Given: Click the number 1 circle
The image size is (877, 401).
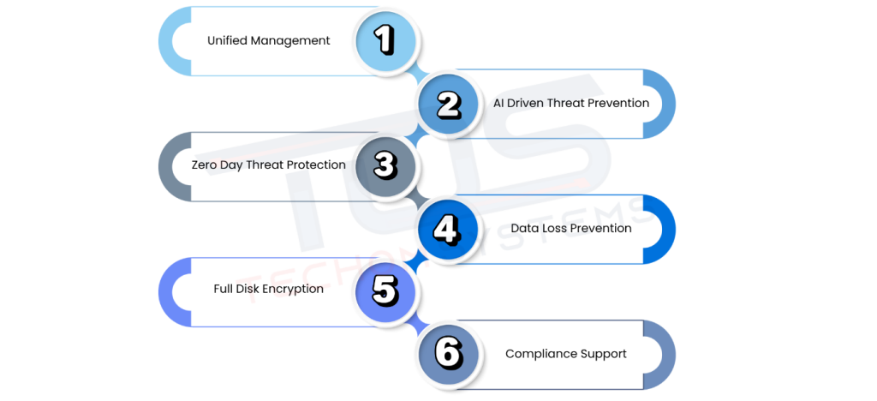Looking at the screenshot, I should [x=385, y=40].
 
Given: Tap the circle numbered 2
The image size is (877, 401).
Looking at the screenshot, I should [x=448, y=104].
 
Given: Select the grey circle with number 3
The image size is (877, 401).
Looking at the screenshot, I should [x=385, y=165].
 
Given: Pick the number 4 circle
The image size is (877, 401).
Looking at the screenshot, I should [x=448, y=229].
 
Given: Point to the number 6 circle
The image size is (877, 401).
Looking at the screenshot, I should [x=448, y=354].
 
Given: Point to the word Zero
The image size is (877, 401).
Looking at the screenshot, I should [x=206, y=165].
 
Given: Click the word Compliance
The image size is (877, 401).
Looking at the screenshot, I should [x=541, y=354].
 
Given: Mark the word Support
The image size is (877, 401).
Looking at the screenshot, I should [x=604, y=354].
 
